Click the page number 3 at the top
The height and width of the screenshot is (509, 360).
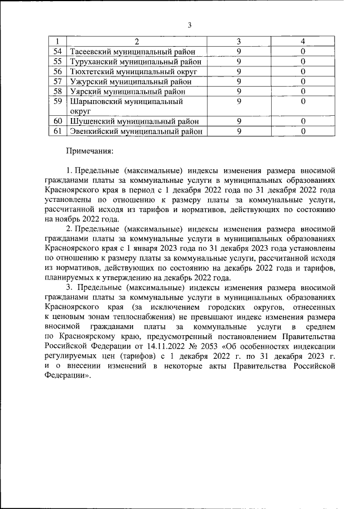click(x=190, y=25)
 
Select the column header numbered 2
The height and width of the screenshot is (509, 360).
click(x=137, y=42)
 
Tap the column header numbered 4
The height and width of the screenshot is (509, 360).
click(x=303, y=42)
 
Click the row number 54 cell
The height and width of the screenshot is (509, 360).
click(x=57, y=52)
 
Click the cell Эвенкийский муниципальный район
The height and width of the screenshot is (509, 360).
click(x=136, y=131)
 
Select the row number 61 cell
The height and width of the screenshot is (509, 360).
click(x=57, y=131)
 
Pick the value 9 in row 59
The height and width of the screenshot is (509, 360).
click(x=238, y=101)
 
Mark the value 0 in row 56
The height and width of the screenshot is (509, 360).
click(x=303, y=71)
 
